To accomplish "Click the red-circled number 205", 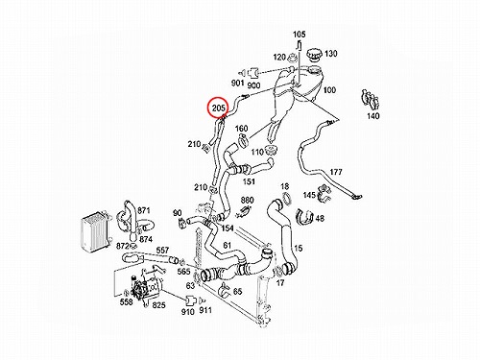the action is [x=219, y=108].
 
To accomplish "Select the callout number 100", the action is [x=329, y=90].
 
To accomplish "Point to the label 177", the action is [x=336, y=172].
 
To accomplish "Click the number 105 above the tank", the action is [x=300, y=34].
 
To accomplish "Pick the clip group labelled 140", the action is [x=371, y=100].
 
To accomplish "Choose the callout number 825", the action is [x=158, y=305].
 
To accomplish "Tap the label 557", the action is [x=162, y=250].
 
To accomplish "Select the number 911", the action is [x=205, y=310].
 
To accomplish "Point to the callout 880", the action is [x=247, y=201].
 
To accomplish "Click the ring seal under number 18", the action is [x=287, y=199].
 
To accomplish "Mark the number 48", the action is [x=320, y=218].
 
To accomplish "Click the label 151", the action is [x=249, y=181].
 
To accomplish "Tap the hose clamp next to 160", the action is [x=243, y=140].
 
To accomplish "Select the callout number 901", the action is [x=237, y=83].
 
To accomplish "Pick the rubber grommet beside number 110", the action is [x=271, y=151].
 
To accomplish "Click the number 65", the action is [x=237, y=291].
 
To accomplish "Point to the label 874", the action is [x=146, y=239].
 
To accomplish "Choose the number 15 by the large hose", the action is [x=298, y=248].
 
